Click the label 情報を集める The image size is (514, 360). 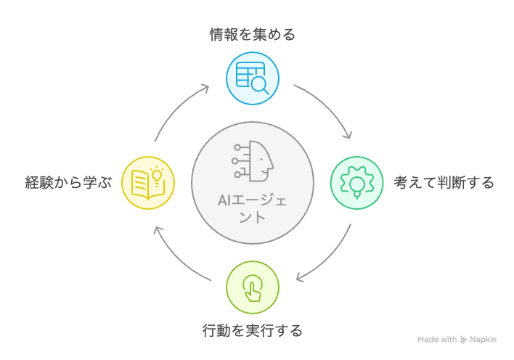252,34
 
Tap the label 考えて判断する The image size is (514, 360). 444,181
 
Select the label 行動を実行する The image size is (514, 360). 252,331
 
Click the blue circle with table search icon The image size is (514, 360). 252,78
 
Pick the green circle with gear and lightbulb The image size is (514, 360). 356,181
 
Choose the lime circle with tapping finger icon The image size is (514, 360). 252,287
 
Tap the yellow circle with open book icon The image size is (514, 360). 147,181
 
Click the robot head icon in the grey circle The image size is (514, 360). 253,160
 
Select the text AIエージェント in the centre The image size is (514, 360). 252,208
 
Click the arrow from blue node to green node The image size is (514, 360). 327,107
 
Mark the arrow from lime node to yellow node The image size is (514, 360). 178,256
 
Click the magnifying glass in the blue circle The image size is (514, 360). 259,86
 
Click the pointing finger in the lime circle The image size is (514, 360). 252,288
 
